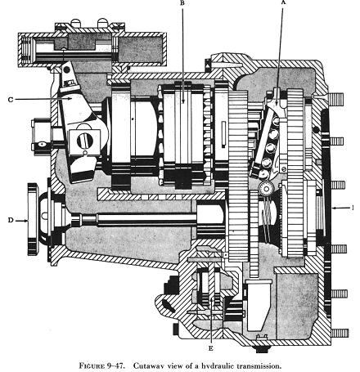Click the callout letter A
[283, 2]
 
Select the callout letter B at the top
[182, 3]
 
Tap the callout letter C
[11, 100]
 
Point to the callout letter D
[11, 220]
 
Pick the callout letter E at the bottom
[210, 348]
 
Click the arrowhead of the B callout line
[183, 101]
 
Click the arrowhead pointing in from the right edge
[335, 208]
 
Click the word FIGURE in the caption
[92, 365]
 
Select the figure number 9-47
[116, 365]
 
